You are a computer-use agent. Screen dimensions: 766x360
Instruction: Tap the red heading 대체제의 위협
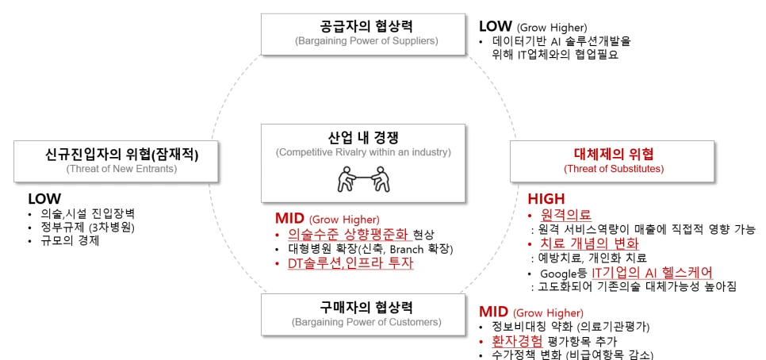click(614, 154)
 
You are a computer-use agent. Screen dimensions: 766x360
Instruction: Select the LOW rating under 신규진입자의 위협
click(44, 198)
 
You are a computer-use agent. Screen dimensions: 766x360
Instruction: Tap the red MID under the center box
click(289, 218)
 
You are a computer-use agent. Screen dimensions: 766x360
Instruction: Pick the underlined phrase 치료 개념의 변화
click(588, 243)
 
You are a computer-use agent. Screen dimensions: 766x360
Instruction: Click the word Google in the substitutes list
click(556, 273)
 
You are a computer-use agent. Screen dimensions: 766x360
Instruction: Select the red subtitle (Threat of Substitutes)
click(614, 168)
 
